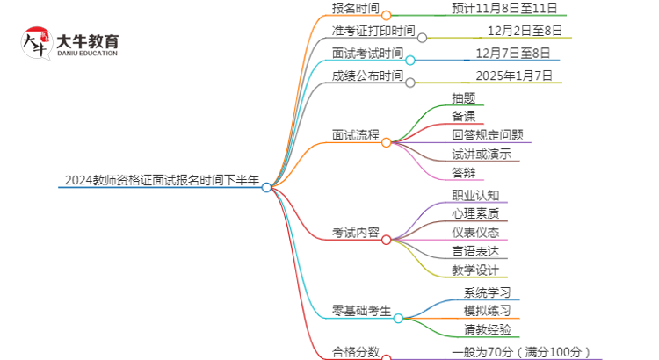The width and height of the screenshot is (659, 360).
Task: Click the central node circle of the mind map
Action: (x=266, y=187)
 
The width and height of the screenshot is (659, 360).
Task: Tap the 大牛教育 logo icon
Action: (x=37, y=43)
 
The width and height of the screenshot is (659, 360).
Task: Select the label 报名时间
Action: (x=356, y=8)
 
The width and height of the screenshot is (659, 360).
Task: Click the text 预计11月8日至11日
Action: (x=504, y=8)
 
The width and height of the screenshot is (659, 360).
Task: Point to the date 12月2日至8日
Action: (x=525, y=31)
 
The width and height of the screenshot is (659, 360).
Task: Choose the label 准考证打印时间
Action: (x=373, y=31)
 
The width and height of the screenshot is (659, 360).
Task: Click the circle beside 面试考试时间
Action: (x=410, y=61)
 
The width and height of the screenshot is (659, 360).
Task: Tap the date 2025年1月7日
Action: (x=514, y=76)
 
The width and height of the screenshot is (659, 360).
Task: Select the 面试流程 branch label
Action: (x=356, y=135)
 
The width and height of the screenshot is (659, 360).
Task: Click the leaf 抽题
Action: (x=464, y=98)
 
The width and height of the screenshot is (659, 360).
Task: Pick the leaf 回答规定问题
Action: (x=488, y=135)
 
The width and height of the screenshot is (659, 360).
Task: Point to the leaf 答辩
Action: (x=464, y=173)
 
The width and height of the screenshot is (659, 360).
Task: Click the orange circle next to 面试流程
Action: (x=387, y=143)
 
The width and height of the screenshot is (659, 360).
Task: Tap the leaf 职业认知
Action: (x=475, y=195)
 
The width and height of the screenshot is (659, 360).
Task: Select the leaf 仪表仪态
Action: (x=475, y=233)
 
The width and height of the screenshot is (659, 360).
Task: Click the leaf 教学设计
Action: (x=475, y=270)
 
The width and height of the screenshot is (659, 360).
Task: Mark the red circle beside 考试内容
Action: (x=387, y=240)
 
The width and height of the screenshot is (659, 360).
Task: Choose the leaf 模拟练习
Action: (x=487, y=311)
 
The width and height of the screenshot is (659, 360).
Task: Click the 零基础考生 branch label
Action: (x=361, y=311)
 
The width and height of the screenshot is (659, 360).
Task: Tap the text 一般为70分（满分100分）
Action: (x=521, y=352)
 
